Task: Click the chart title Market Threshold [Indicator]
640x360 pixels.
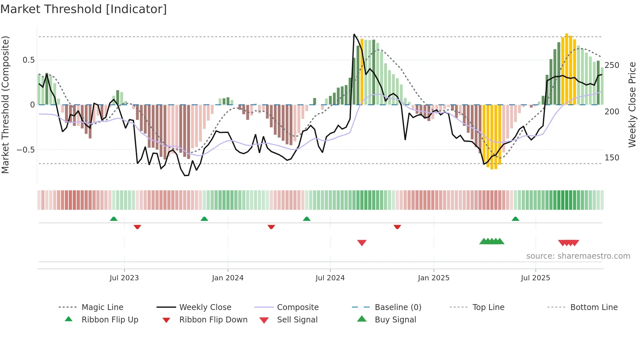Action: coord(84,9)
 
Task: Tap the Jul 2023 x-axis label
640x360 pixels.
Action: coord(124,278)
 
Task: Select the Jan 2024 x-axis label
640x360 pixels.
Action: coord(228,278)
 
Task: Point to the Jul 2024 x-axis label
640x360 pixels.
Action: coord(330,278)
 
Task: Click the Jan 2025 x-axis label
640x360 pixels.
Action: coord(433,278)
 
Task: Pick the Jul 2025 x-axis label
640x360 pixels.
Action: coord(535,278)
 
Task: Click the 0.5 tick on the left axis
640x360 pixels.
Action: coord(28,60)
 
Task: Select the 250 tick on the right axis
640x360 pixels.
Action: coord(612,65)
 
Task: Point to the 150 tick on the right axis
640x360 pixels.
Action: coord(612,158)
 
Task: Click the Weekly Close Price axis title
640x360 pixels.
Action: coord(632,105)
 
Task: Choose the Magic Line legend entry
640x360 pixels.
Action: coord(102,307)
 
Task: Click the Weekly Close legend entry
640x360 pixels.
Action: coord(205,307)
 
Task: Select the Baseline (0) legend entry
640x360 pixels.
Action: coord(398,307)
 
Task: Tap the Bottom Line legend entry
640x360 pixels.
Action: coord(594,307)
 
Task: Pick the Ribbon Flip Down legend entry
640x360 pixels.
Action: coord(213,320)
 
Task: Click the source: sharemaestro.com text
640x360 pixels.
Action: coord(578,256)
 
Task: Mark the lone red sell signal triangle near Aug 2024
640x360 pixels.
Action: coord(362,243)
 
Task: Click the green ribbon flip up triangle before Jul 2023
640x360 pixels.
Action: coord(114,219)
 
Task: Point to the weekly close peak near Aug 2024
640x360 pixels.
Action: coord(354,34)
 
